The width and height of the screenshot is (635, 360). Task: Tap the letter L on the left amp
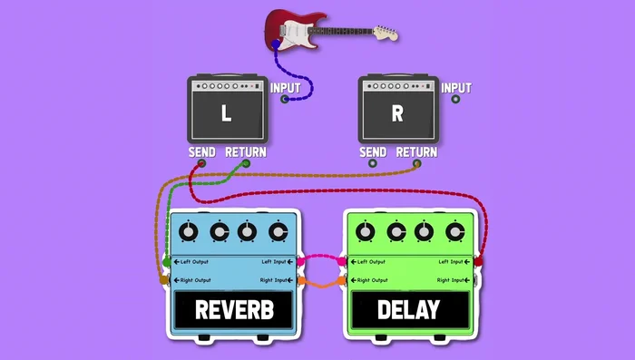(227, 114)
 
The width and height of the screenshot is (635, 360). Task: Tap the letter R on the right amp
(397, 114)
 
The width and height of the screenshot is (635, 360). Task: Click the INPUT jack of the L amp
(285, 99)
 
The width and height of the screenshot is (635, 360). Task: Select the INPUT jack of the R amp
(455, 99)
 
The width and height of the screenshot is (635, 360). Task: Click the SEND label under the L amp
(201, 152)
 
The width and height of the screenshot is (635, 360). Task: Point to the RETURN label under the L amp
(246, 152)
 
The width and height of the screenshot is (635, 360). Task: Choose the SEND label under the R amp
(373, 152)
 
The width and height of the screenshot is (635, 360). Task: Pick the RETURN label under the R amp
(417, 152)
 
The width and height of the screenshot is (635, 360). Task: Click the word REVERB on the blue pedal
(235, 310)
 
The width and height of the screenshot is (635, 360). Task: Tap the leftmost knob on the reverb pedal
(188, 232)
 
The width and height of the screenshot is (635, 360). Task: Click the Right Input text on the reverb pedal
(275, 280)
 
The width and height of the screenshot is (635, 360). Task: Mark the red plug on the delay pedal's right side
(478, 262)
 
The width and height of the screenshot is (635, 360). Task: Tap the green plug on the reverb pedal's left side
(165, 263)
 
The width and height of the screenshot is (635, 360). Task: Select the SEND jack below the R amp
(372, 164)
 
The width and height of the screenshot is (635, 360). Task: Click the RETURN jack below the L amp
(245, 164)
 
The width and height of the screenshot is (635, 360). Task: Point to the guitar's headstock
(385, 33)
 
